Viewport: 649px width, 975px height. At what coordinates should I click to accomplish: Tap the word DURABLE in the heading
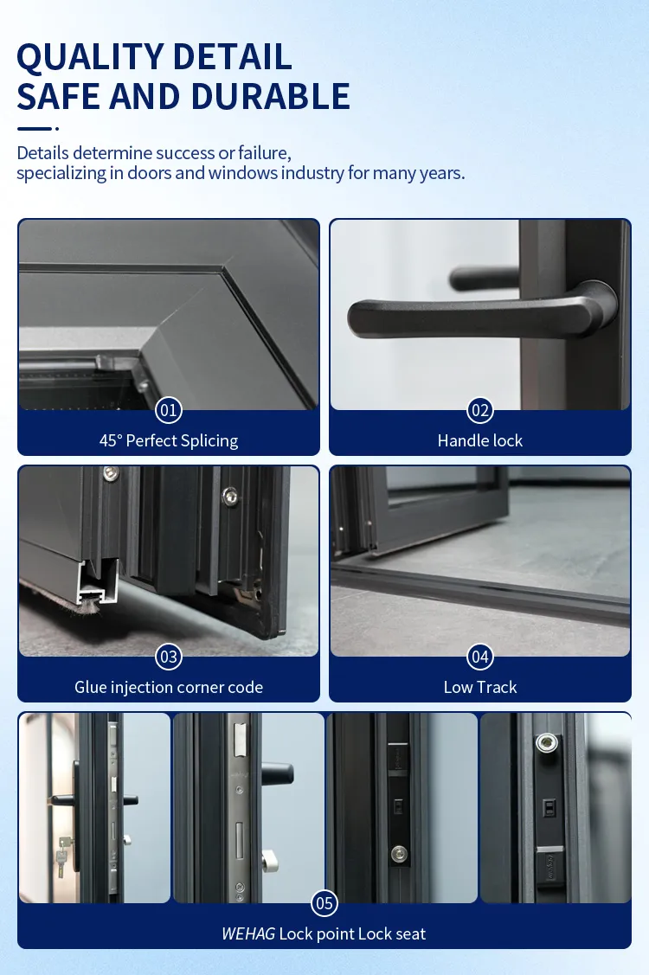tap(270, 96)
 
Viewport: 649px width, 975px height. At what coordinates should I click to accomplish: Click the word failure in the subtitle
tap(265, 153)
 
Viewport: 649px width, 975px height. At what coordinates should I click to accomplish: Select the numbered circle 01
tap(169, 410)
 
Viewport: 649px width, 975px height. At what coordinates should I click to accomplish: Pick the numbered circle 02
tap(479, 410)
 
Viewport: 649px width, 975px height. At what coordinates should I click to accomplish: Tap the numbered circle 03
tap(169, 657)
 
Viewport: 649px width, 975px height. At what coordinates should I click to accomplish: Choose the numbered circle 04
tap(479, 657)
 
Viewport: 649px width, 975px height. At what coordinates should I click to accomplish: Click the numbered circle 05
tap(324, 903)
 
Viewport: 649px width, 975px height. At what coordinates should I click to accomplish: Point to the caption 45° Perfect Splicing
tap(169, 441)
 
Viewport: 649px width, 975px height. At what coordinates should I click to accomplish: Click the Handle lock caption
tap(479, 441)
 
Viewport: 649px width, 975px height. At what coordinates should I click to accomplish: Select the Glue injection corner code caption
tap(169, 687)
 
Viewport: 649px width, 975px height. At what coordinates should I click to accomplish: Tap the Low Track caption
tap(479, 687)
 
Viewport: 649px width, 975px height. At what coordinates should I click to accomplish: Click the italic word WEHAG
tap(248, 933)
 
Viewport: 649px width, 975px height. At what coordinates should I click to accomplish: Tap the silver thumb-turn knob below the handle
tap(269, 861)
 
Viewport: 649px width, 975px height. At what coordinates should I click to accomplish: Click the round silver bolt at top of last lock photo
tap(546, 741)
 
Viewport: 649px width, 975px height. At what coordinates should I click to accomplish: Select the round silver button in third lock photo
tap(399, 854)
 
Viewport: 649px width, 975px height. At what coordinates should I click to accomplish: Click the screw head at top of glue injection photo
tap(111, 474)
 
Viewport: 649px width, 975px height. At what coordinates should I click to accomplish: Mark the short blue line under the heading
tap(35, 129)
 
